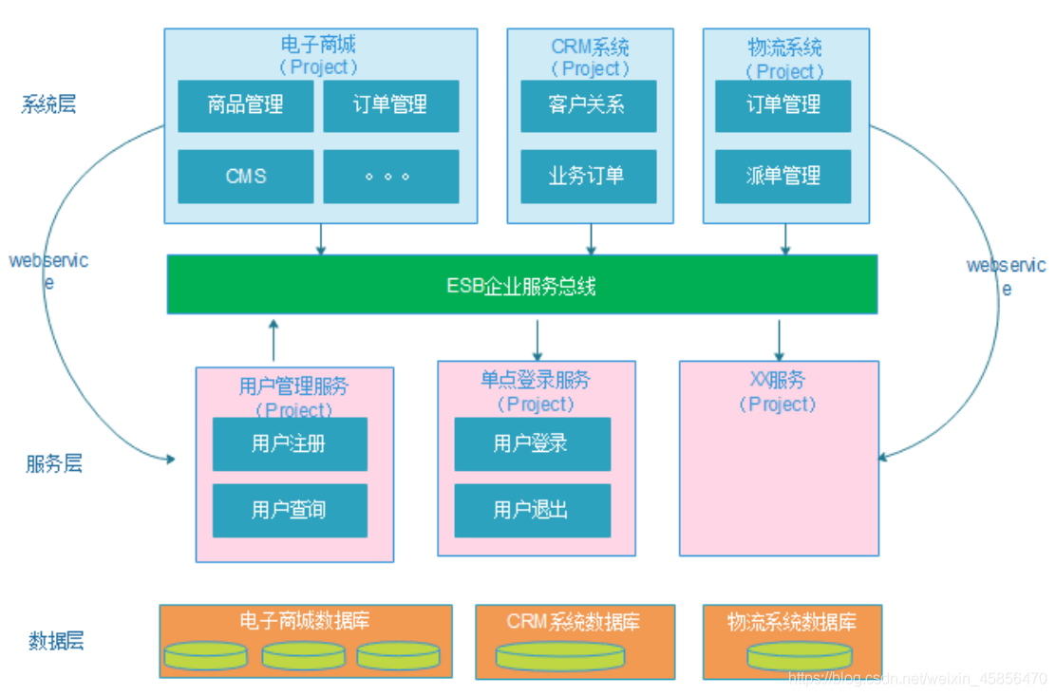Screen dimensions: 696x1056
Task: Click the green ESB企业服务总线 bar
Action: [x=521, y=284]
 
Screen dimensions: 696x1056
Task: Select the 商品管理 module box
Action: [x=245, y=105]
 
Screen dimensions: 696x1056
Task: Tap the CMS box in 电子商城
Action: [x=245, y=177]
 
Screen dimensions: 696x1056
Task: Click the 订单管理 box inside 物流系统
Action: [x=783, y=105]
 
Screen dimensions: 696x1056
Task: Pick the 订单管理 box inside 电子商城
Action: [x=390, y=105]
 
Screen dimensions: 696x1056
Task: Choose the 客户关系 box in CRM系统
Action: [x=588, y=105]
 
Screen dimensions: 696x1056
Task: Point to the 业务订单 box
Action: [x=588, y=177]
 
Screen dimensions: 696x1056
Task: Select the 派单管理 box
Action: [x=783, y=177]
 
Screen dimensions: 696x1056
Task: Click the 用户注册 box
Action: [x=290, y=444]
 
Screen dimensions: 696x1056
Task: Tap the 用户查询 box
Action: [x=290, y=511]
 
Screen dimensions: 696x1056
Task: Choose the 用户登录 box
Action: [x=532, y=444]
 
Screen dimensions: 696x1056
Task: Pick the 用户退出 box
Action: [x=532, y=511]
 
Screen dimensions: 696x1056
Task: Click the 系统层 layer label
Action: [x=48, y=104]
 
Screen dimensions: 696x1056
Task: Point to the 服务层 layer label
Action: [x=54, y=464]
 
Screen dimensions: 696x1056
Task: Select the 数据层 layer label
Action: [x=56, y=641]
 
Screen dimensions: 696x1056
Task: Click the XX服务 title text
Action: [x=778, y=381]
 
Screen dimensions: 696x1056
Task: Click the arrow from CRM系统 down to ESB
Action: [x=591, y=239]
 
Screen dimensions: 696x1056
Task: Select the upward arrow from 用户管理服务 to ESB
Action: [x=273, y=337]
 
